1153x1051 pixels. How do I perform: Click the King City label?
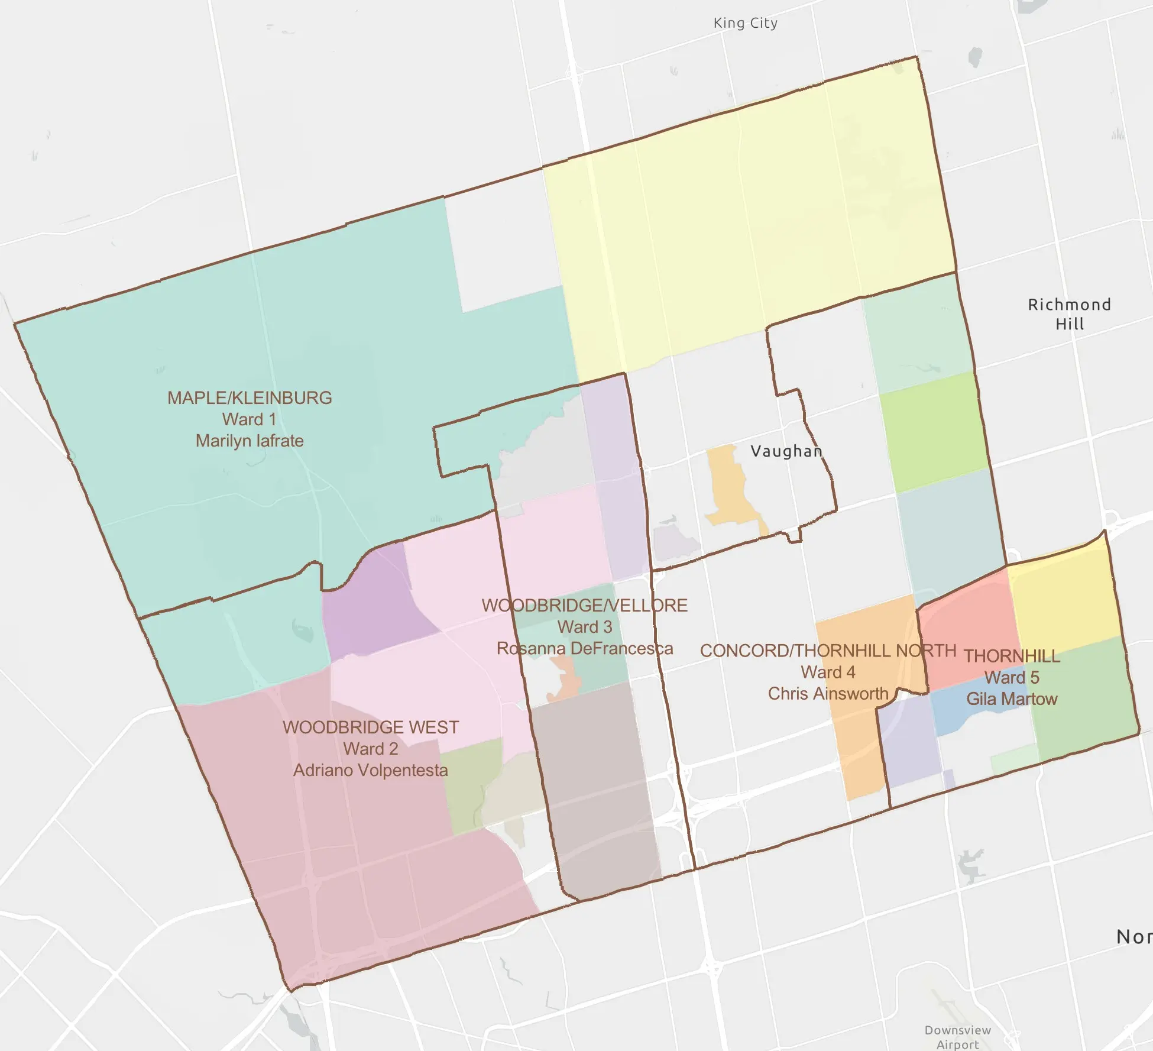point(745,23)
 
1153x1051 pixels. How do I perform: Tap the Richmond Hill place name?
point(1069,314)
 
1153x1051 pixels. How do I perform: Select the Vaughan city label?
point(786,451)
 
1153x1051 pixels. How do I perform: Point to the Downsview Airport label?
point(957,1037)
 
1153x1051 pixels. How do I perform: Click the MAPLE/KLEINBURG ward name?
point(250,398)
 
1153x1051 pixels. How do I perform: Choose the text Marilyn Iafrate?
point(250,441)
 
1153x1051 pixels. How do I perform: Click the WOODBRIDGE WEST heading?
point(371,727)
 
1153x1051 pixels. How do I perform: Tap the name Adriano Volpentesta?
point(371,770)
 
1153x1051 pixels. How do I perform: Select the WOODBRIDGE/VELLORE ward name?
point(585,606)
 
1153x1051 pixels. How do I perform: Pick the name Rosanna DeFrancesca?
point(585,648)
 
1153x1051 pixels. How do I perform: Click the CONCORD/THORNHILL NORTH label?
point(828,651)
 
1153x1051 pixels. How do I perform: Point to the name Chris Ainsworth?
point(828,693)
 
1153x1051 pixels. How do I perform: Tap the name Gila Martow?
point(1012,699)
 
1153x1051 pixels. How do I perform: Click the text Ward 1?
point(250,419)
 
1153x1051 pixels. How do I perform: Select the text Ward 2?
point(371,749)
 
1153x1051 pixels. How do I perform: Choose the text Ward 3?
point(585,627)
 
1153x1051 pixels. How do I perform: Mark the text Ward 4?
point(828,672)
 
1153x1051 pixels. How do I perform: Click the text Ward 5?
point(1012,677)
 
